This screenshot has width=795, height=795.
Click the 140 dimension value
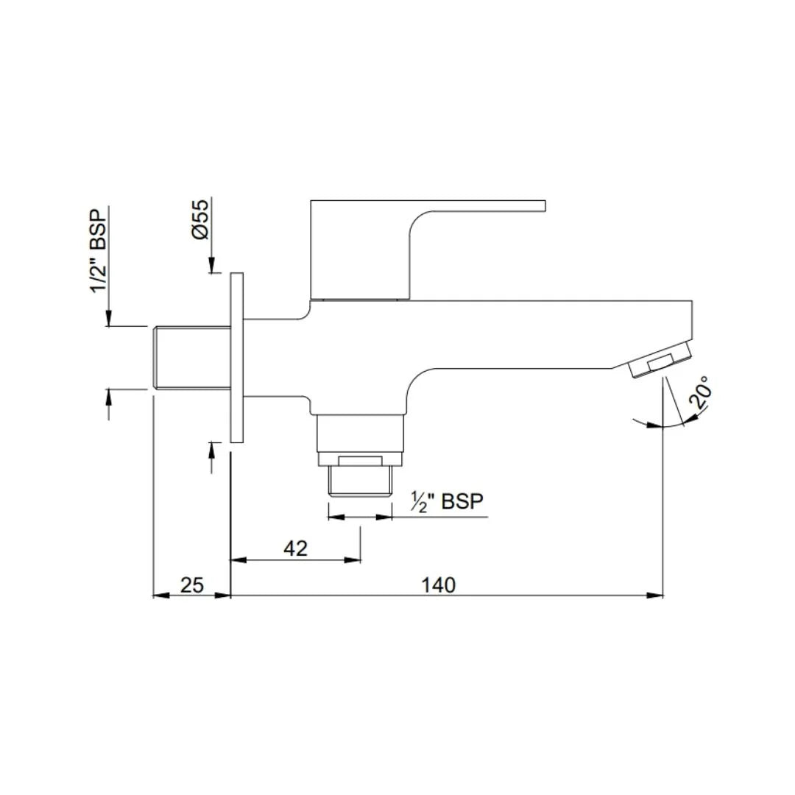(x=439, y=584)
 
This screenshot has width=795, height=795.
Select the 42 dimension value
(x=294, y=548)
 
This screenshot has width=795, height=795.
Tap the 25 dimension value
(x=191, y=584)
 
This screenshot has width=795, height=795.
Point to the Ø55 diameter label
(x=200, y=219)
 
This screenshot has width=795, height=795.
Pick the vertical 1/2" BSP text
(x=98, y=250)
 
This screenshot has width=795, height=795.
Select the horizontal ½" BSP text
(x=447, y=502)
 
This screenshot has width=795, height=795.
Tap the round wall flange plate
(x=236, y=358)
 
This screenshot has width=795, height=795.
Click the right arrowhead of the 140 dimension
(x=657, y=595)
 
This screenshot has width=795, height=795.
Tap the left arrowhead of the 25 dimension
(x=158, y=595)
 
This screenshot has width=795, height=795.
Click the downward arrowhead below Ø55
(x=211, y=267)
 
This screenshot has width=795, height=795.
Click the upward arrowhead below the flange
(x=212, y=448)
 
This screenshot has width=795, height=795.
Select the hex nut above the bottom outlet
(x=360, y=460)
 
